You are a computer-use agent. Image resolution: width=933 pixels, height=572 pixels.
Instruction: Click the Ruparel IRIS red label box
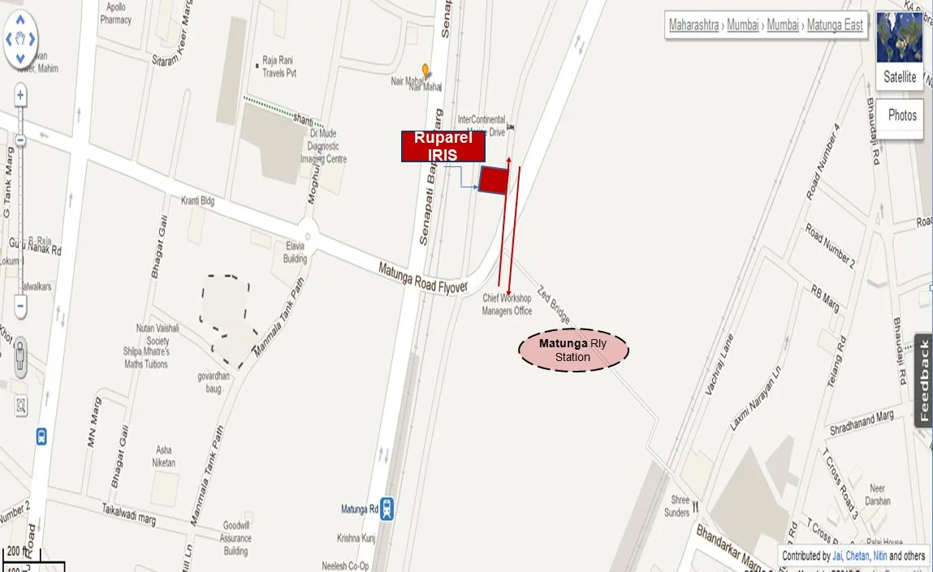tap(443, 146)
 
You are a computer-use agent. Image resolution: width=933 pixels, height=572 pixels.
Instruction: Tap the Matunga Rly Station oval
tap(573, 350)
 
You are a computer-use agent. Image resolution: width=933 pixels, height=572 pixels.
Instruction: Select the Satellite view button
tap(900, 77)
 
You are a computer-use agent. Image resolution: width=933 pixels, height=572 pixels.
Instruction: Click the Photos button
tap(901, 115)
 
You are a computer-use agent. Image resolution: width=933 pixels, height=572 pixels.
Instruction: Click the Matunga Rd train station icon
tap(388, 509)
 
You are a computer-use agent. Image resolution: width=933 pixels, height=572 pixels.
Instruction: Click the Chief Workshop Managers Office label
tap(507, 304)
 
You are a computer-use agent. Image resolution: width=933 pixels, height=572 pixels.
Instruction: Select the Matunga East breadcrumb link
tap(835, 24)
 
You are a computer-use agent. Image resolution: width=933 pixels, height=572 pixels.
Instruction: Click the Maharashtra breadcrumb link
tap(693, 24)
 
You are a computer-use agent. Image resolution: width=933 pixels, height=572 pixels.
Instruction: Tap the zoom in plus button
tap(20, 96)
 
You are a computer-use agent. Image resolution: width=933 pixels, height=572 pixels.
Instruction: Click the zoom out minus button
tap(20, 307)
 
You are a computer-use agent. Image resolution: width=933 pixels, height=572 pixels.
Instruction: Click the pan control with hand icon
tap(20, 38)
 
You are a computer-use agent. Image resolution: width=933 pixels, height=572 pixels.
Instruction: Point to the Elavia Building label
tap(295, 252)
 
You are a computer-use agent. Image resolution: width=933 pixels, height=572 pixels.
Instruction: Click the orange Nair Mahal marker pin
tap(425, 71)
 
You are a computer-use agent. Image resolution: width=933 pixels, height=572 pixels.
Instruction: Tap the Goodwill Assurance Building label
tap(235, 538)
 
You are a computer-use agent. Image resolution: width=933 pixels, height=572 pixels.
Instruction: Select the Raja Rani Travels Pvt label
tap(279, 67)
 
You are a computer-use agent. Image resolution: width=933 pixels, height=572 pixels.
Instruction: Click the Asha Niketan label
tap(163, 456)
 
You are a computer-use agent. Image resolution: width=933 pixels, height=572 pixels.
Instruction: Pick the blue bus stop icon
tap(41, 437)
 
